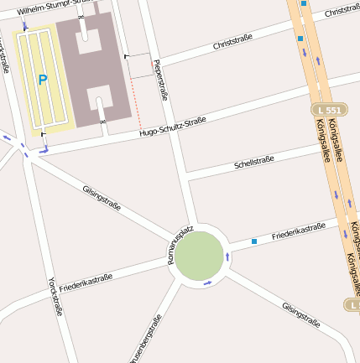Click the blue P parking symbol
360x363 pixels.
42,80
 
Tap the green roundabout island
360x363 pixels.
200,256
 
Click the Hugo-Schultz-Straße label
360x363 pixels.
172,127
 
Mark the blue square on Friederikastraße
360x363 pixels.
253,241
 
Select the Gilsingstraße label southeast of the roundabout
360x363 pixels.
301,314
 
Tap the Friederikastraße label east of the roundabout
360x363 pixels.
298,232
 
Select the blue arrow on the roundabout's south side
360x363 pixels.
206,283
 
